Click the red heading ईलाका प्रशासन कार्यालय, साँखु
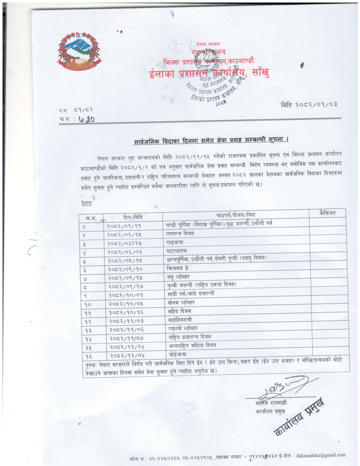(209, 72)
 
